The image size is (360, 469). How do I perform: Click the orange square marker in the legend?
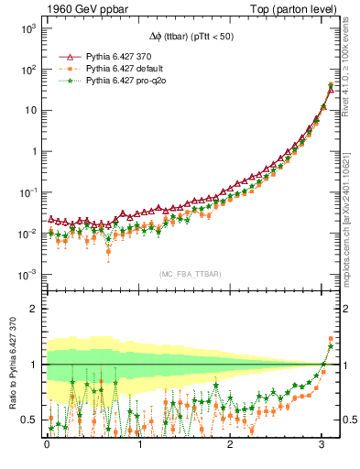coord(65,69)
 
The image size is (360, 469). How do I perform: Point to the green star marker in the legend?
coord(65,81)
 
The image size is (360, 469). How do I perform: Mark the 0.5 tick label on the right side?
coord(346,420)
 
